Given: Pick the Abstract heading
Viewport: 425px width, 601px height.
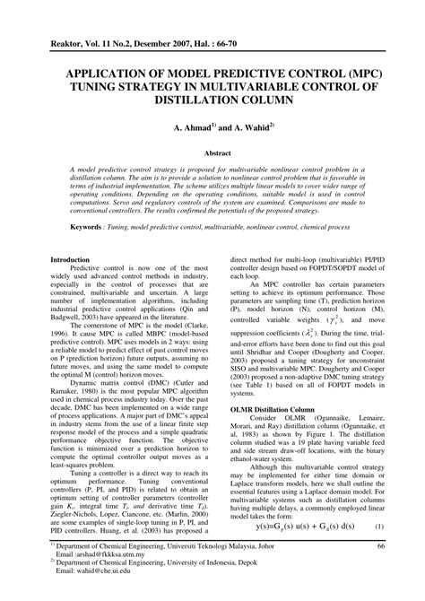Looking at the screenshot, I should tap(212, 153).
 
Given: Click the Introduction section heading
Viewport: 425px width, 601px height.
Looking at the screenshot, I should tap(74, 260).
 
